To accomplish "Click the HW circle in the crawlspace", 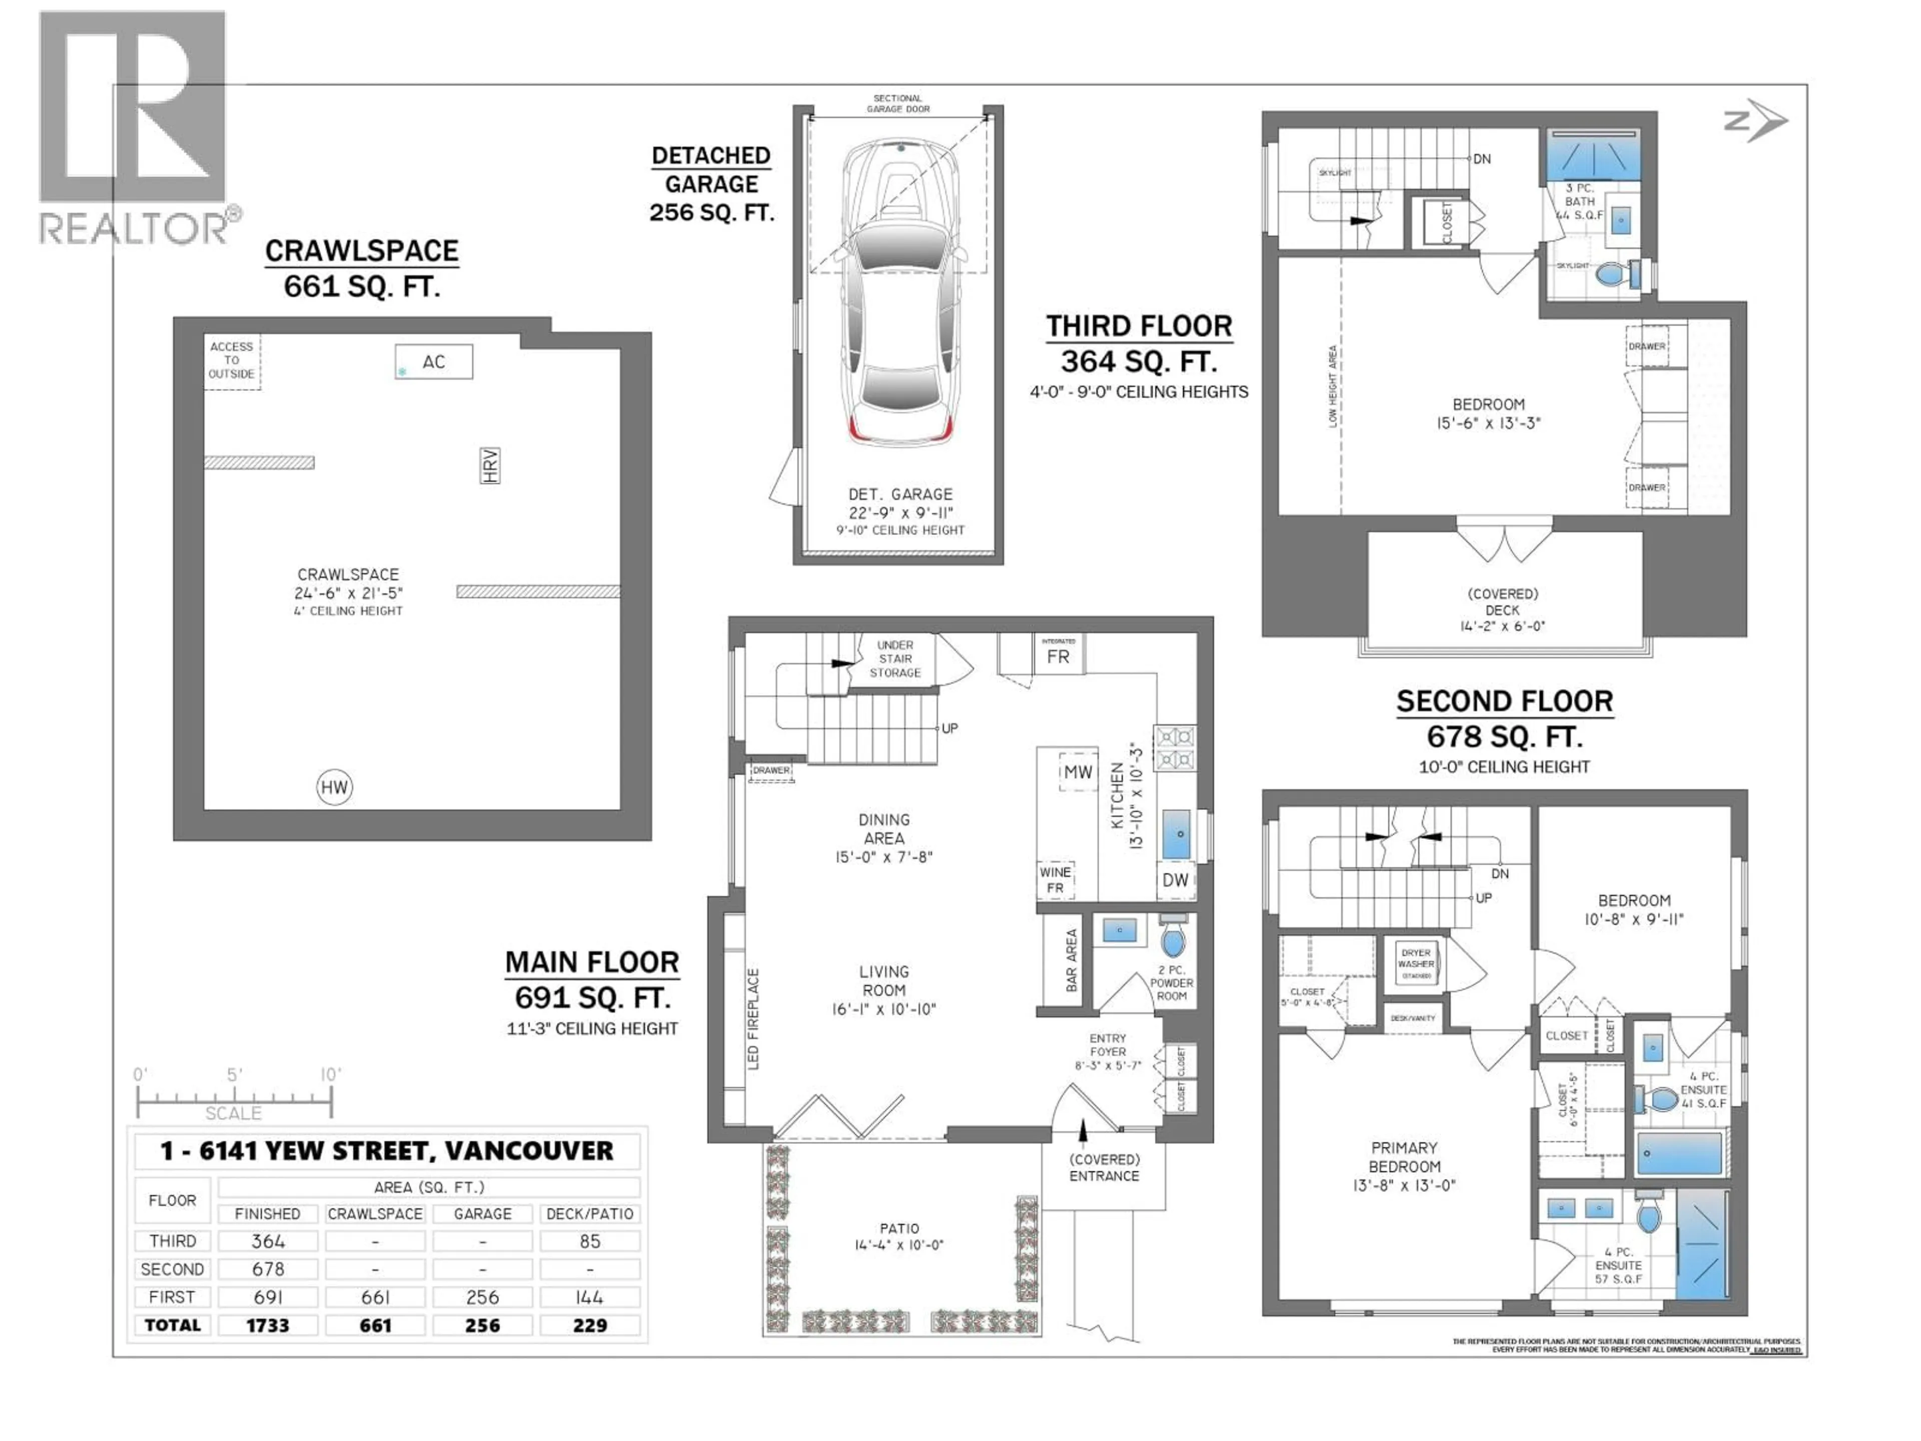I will (x=334, y=788).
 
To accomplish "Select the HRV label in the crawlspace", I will (x=490, y=465).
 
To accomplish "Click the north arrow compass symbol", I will (x=1754, y=122).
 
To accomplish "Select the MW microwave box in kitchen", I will (x=1078, y=772).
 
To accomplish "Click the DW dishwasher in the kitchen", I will (x=1175, y=880).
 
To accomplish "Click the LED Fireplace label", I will (x=753, y=1019).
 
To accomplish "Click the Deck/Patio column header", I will (x=590, y=1213).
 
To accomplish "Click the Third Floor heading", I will (x=1139, y=327).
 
